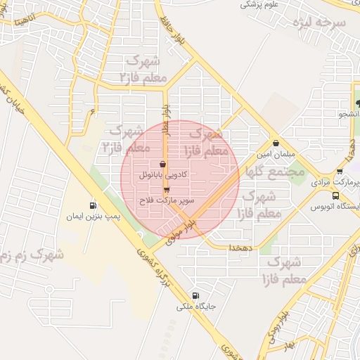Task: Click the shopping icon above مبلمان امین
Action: tap(276, 141)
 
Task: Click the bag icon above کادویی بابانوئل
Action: tap(163, 163)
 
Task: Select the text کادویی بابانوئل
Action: tap(163, 173)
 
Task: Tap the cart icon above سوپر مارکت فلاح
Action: tap(167, 190)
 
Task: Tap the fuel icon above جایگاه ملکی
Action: tap(195, 295)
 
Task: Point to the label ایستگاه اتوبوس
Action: tap(338, 207)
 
